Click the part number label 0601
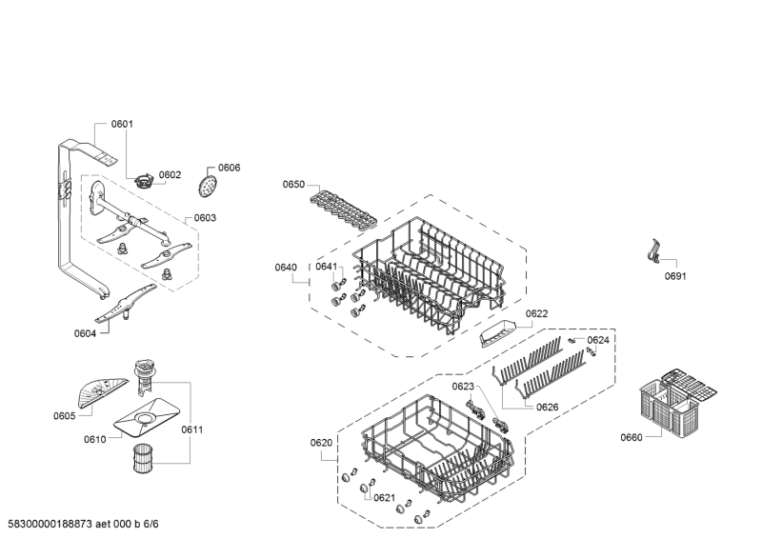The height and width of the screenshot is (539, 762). coord(122,124)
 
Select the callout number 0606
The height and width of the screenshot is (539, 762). coord(229,168)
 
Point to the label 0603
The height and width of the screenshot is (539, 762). coord(205,218)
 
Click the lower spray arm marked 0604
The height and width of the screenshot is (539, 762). coord(126,304)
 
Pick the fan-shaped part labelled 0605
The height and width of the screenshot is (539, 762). coord(101,392)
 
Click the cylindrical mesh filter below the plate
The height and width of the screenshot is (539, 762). coord(143,458)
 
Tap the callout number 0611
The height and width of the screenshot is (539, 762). coord(192,429)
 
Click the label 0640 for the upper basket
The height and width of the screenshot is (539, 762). coord(286,268)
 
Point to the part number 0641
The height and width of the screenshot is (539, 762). coord(326,267)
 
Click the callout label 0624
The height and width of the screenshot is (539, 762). coord(598,340)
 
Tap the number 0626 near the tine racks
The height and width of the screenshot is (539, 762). coord(547,407)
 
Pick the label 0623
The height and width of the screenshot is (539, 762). coord(463,387)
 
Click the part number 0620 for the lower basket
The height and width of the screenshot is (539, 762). coord(321,443)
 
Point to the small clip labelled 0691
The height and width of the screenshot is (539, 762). coord(654,251)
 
